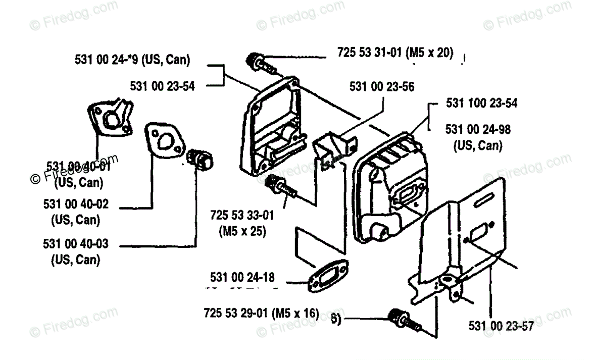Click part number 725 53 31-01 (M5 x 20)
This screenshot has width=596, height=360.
coord(395,53)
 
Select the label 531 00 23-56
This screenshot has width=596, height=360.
coord(382,87)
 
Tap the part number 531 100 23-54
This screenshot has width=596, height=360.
coord(481,104)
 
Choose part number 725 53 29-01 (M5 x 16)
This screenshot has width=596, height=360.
coord(261,313)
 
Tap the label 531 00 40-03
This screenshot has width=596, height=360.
coord(76,245)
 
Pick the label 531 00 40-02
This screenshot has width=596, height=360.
coord(76,205)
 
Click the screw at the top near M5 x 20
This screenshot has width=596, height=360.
coord(256,63)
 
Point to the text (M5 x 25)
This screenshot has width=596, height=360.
coord(242,231)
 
